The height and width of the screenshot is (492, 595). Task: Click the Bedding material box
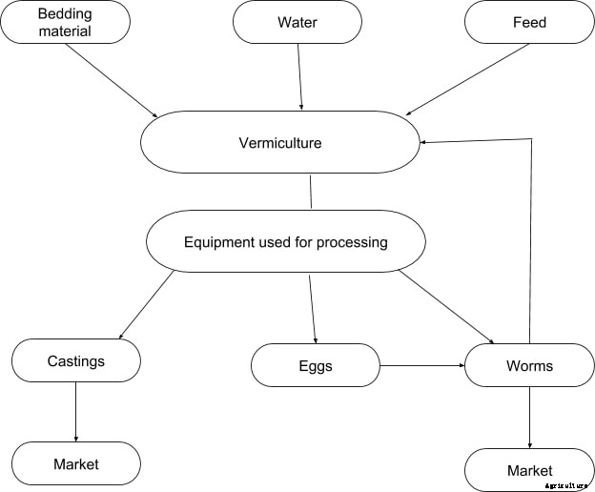[x=65, y=22]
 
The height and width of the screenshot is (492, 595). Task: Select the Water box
[x=297, y=22]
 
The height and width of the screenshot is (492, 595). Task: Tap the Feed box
[x=529, y=22]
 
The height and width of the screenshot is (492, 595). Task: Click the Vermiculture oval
[x=280, y=143]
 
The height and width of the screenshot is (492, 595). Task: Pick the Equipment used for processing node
[x=285, y=241]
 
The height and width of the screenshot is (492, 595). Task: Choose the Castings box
[x=76, y=361]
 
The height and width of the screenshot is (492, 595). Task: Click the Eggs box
[x=315, y=365]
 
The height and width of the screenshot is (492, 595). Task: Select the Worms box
[x=529, y=365]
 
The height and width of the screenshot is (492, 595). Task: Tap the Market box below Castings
[x=76, y=463]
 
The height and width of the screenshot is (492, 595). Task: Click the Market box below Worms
[x=529, y=470]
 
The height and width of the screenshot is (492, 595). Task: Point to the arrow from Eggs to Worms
[x=421, y=365]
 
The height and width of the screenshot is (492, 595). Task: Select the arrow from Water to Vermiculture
[x=300, y=76]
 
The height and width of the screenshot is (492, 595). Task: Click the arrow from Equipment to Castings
[x=145, y=305]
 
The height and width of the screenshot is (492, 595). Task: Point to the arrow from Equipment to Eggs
[x=312, y=307]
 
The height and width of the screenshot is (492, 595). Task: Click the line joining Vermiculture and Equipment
[x=311, y=192]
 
